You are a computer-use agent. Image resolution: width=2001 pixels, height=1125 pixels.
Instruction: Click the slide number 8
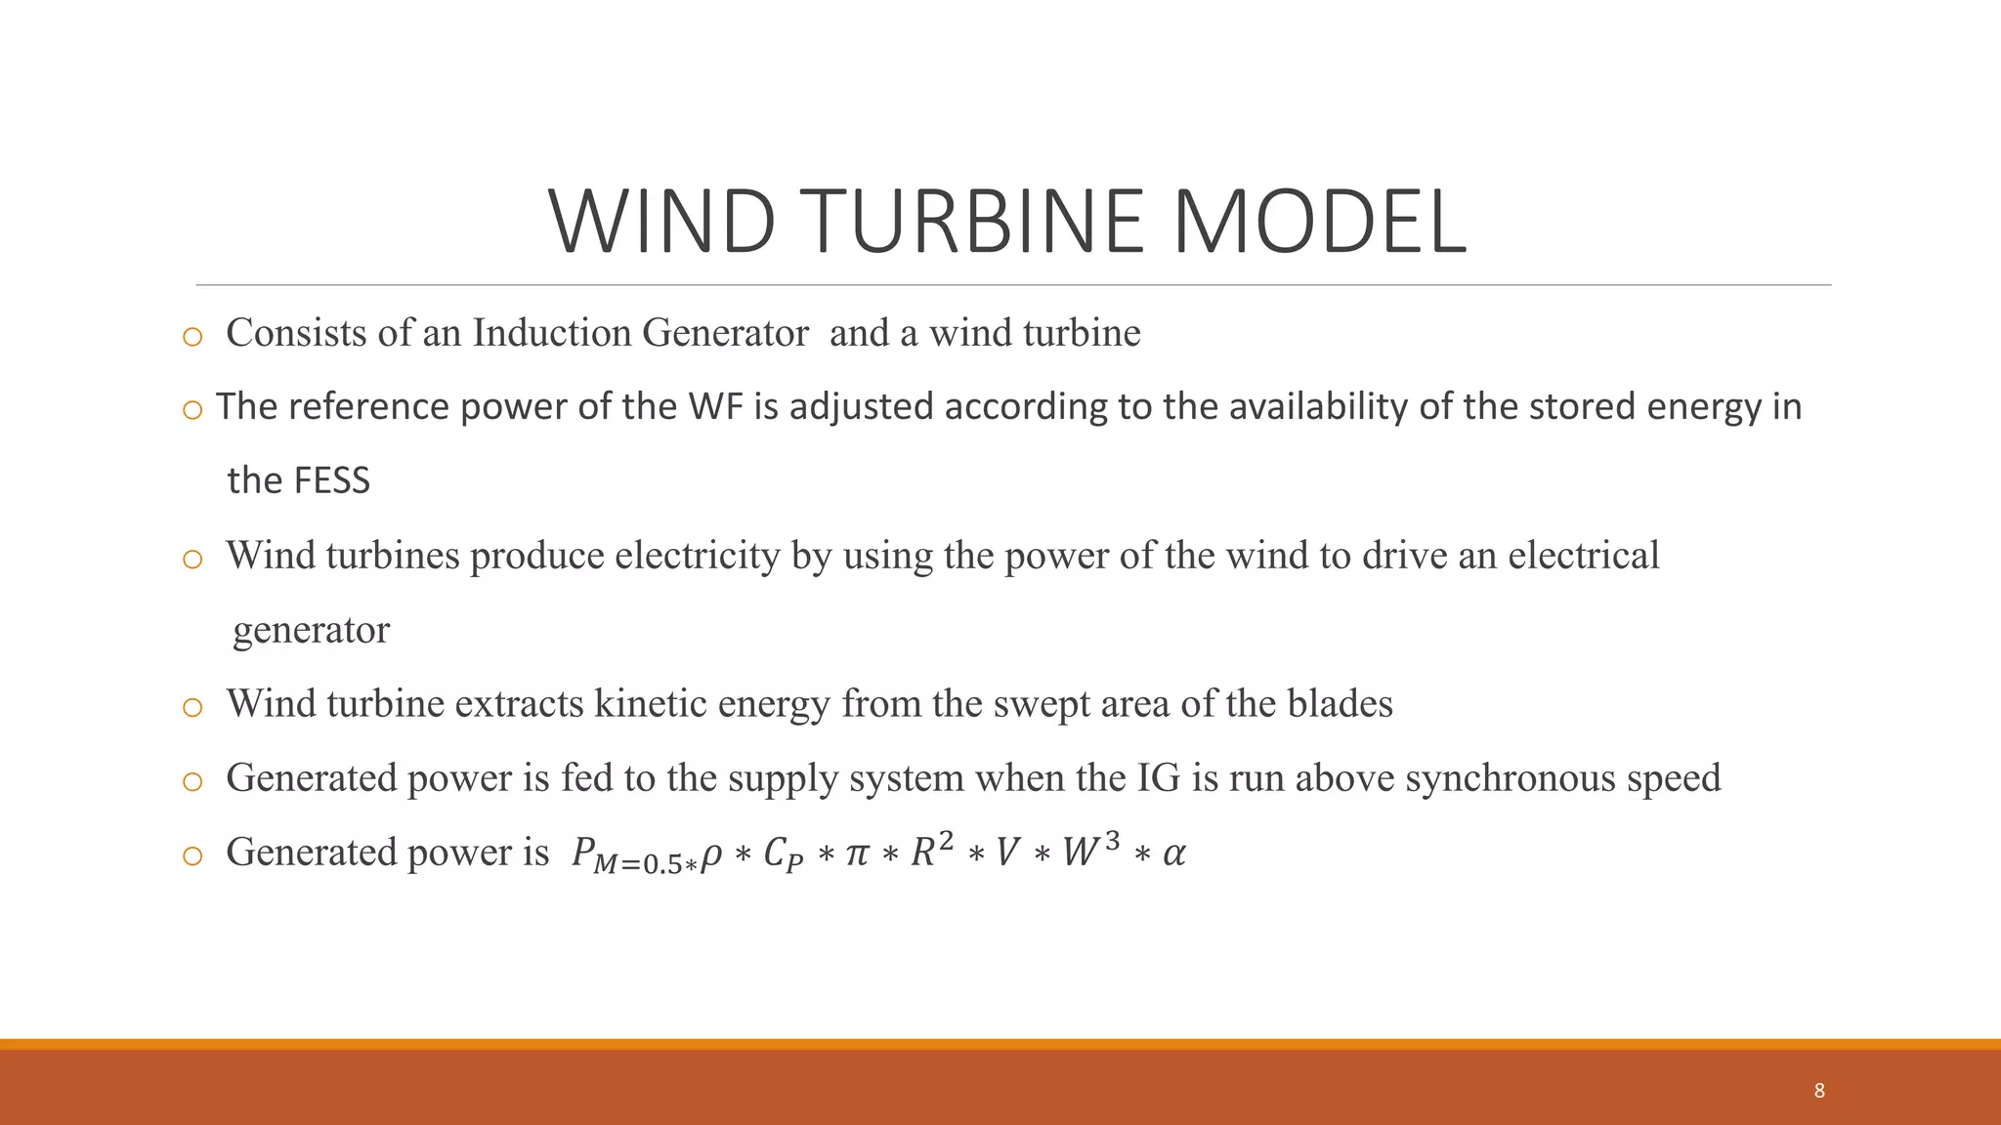tap(1819, 1091)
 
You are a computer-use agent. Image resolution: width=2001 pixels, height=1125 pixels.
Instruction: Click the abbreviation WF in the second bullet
tap(716, 406)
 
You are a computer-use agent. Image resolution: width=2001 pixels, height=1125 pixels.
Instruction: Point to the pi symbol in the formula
tap(856, 854)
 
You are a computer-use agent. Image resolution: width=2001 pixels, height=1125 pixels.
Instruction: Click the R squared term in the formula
tap(932, 851)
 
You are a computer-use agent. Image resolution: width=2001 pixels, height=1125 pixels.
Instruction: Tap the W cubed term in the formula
tap(1090, 851)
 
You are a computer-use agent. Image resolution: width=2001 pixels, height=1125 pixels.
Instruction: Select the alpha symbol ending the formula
tap(1174, 854)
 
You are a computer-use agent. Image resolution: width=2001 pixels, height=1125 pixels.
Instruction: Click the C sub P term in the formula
tap(783, 854)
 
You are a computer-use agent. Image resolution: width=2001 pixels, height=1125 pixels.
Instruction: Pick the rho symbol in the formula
tap(712, 855)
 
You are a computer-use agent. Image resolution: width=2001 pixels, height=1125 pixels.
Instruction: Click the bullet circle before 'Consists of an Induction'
tap(192, 337)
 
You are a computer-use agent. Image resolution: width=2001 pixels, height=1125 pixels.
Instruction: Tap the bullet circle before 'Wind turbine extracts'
tap(192, 707)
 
